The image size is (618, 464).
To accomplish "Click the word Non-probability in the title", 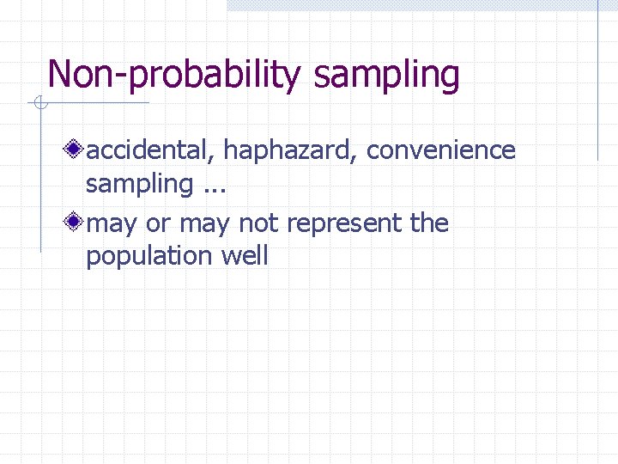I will [x=174, y=75].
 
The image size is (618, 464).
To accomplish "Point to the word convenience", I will [x=440, y=150].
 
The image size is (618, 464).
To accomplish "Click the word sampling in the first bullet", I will [x=139, y=183].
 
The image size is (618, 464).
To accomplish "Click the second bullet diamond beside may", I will [x=76, y=223].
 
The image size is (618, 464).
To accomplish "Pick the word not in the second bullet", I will [x=258, y=223].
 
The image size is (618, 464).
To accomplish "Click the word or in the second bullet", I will [x=159, y=224].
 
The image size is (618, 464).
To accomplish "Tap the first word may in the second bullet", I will [x=113, y=224].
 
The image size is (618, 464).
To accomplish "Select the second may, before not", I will [x=203, y=224].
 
